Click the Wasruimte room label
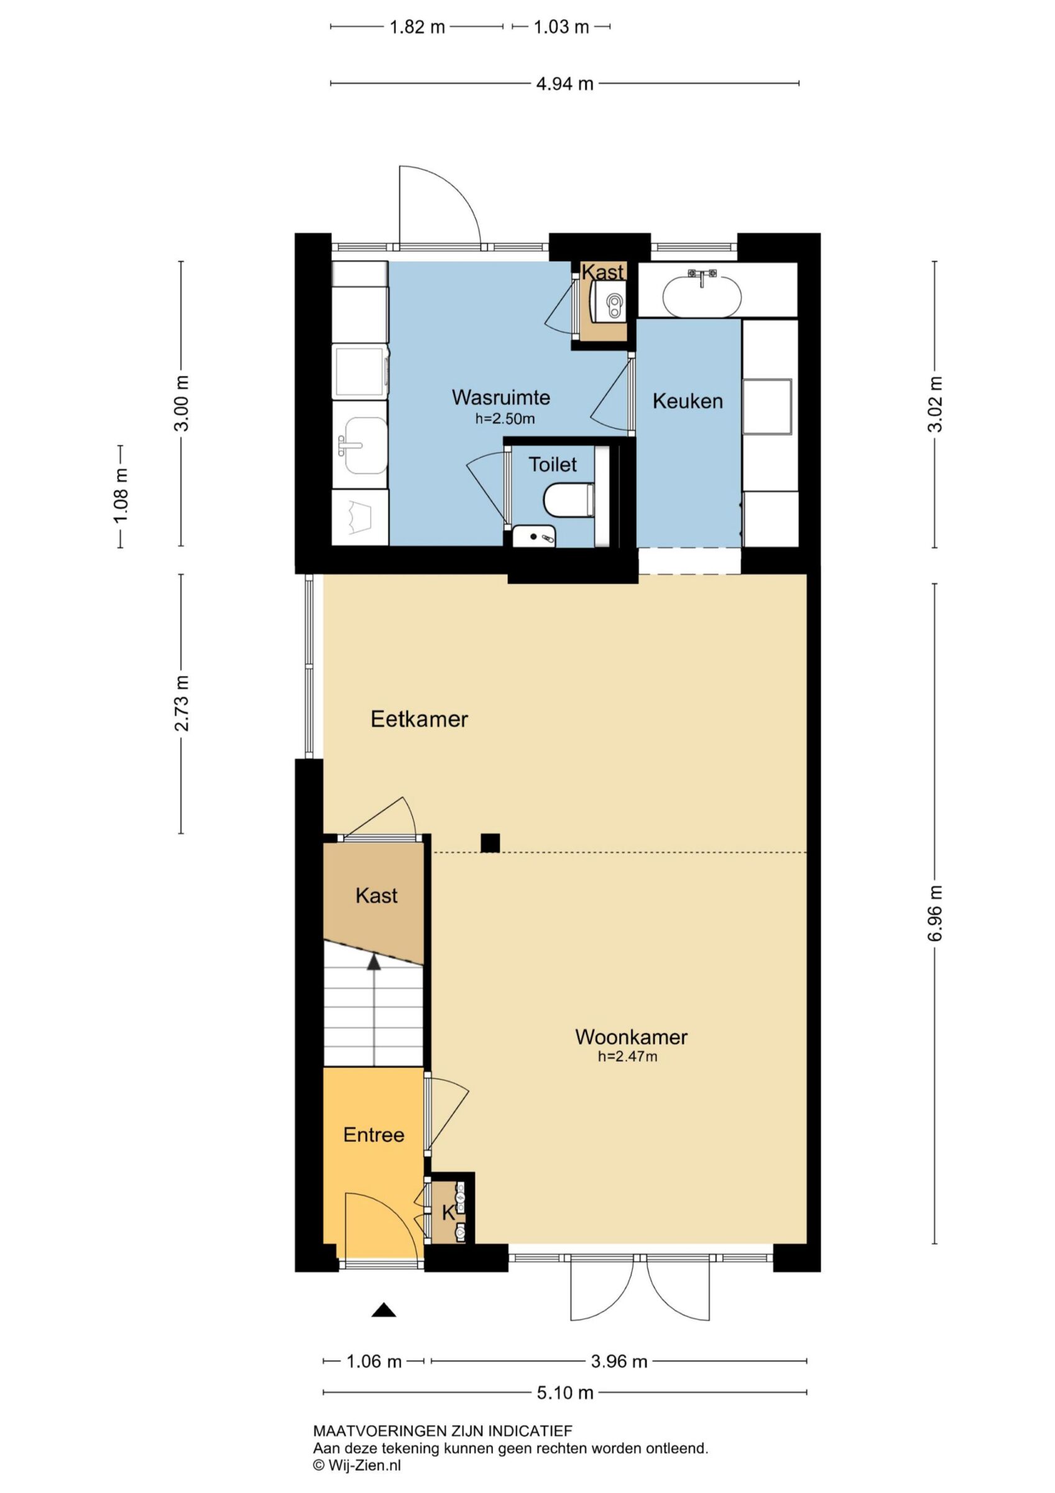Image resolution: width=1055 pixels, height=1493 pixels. (500, 397)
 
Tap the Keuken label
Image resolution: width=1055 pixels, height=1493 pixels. (688, 401)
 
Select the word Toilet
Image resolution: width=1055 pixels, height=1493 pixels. (553, 464)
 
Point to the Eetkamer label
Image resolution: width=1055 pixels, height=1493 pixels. (419, 719)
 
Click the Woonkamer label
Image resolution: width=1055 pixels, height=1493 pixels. (631, 1036)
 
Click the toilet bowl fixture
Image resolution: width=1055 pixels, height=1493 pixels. (569, 500)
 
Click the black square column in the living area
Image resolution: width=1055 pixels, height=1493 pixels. (490, 843)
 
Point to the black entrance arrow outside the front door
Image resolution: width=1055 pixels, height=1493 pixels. (384, 1309)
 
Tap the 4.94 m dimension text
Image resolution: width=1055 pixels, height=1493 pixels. (564, 84)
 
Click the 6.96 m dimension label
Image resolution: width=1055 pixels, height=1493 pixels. (935, 914)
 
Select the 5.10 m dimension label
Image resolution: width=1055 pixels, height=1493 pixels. (564, 1392)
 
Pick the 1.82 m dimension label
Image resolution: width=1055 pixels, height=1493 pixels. (417, 27)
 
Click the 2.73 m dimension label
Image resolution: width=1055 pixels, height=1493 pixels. (182, 703)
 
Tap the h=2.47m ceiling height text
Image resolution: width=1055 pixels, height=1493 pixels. (627, 1056)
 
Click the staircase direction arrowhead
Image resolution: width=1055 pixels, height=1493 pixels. (374, 962)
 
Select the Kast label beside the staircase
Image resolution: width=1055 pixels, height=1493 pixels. (376, 895)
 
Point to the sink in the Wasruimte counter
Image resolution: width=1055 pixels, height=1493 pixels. (366, 445)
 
